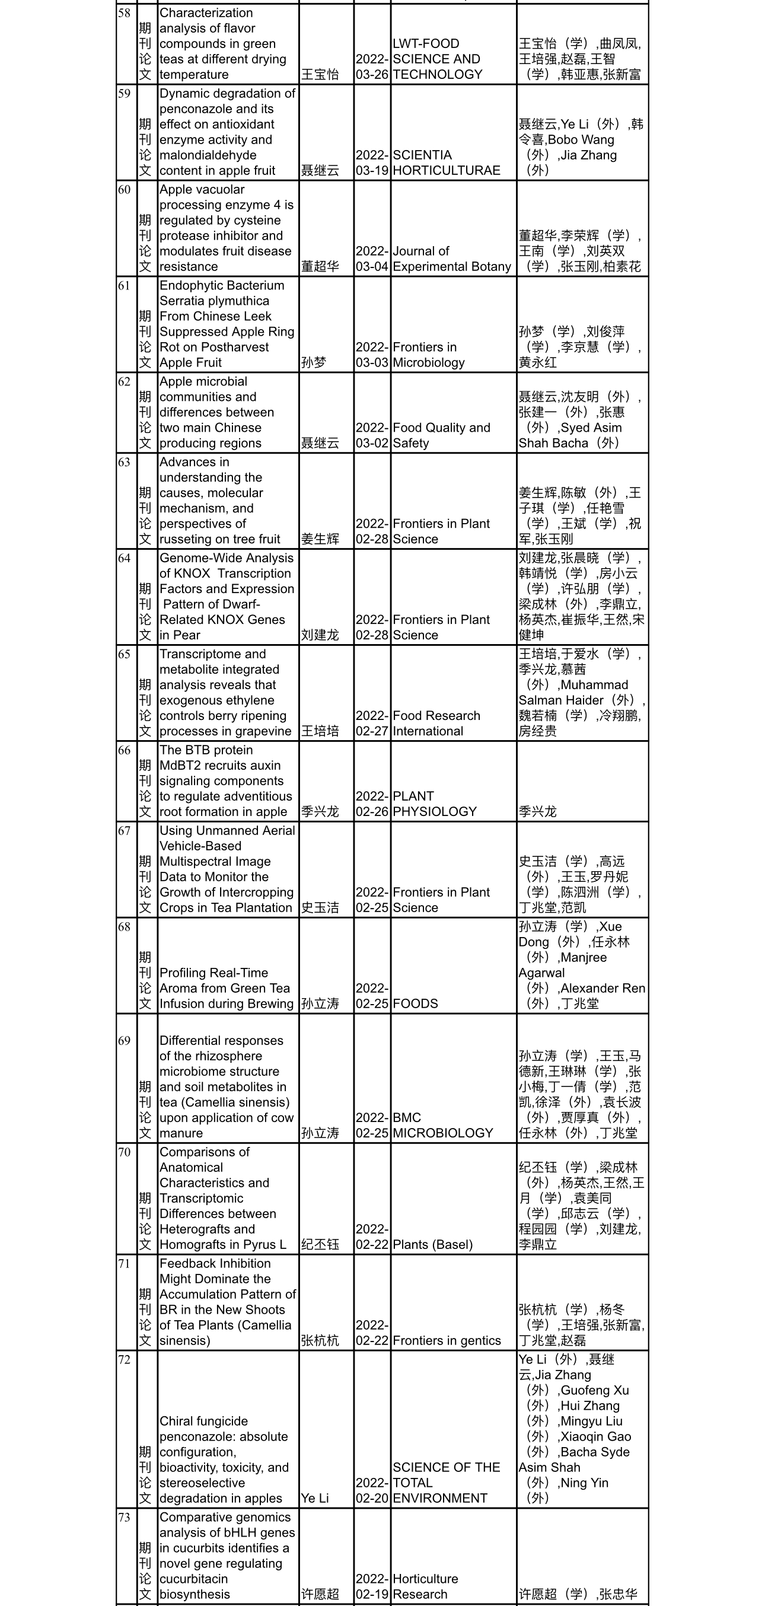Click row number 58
124,13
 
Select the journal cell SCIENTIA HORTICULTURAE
447,162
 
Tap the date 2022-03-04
372,259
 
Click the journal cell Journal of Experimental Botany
452,259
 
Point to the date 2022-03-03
372,355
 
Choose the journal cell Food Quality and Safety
441,435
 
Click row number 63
124,462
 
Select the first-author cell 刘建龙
320,635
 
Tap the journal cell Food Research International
436,723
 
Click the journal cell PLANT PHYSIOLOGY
435,804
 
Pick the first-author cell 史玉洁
320,908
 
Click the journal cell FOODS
415,1003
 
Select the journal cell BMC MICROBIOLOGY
442,1125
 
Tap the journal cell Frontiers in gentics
447,1340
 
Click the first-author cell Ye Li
315,1498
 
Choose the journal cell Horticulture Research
425,1586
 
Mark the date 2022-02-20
372,1491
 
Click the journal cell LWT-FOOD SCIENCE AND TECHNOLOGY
438,59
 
